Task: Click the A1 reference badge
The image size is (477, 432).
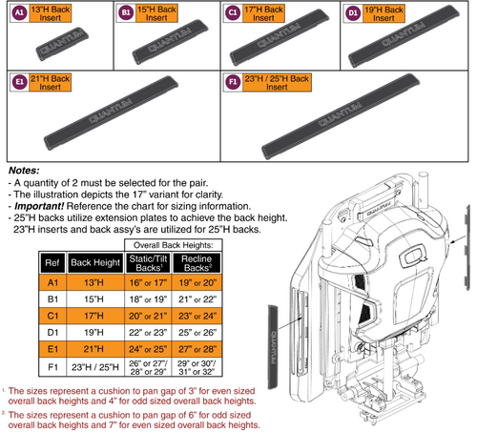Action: (17, 13)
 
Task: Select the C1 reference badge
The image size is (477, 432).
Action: (235, 13)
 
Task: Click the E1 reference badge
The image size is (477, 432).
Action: (17, 82)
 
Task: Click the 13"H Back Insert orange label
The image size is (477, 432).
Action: (52, 13)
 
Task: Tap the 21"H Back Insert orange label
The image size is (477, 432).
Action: (52, 82)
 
